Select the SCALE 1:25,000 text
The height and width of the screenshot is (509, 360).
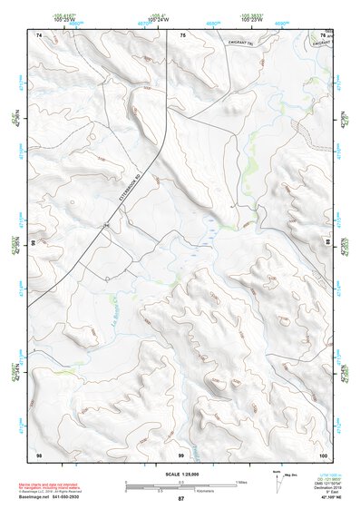pyautogui.click(x=180, y=475)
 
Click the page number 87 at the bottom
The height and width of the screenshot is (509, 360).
pyautogui.click(x=180, y=500)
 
